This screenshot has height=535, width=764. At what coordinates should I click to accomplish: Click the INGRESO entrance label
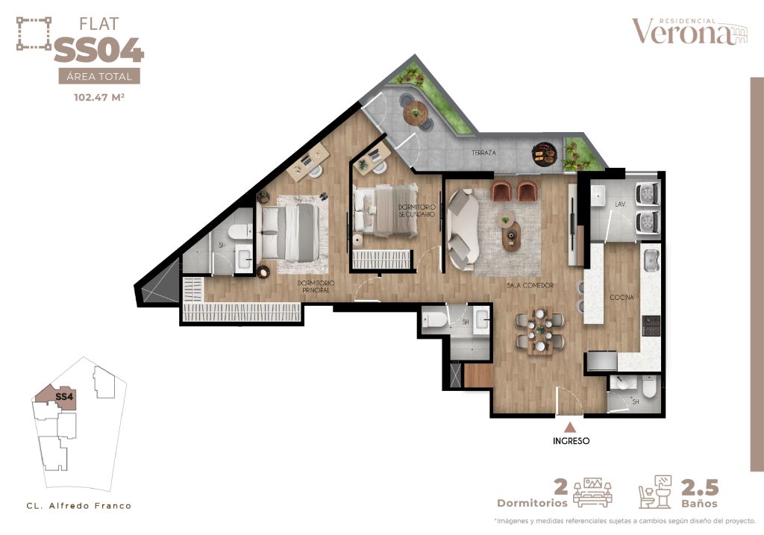click(x=571, y=441)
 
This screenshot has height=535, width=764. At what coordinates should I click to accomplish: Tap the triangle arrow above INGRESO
click(x=570, y=428)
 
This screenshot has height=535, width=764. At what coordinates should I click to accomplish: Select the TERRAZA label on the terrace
click(x=483, y=152)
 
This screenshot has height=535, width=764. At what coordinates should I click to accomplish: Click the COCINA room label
click(x=621, y=297)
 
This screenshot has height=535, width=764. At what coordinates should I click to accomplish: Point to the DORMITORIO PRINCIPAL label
click(x=316, y=287)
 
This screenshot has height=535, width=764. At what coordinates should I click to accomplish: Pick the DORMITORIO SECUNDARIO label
click(x=416, y=210)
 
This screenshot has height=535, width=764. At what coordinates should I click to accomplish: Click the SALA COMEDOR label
click(x=530, y=286)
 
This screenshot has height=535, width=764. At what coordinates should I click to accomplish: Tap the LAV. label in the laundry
click(x=620, y=204)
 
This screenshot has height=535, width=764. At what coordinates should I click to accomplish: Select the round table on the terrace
click(x=416, y=113)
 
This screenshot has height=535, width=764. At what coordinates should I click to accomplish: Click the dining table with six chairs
click(x=540, y=331)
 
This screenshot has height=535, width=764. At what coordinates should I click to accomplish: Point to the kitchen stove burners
click(x=651, y=325)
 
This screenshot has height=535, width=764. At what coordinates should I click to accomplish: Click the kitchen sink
click(x=651, y=260)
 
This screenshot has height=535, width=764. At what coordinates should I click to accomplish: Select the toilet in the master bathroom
click(x=238, y=231)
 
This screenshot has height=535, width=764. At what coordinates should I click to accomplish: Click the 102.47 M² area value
click(x=99, y=97)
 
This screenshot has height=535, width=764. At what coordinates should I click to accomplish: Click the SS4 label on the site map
click(x=64, y=397)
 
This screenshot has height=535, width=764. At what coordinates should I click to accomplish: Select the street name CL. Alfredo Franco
click(x=79, y=506)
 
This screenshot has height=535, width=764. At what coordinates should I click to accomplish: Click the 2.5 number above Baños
click(x=700, y=488)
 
